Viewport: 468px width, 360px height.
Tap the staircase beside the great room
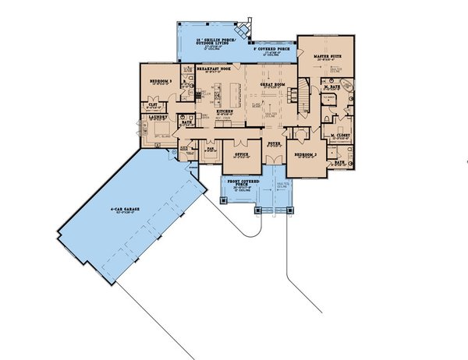[x=299, y=95]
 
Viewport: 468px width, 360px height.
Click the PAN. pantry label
[x=210, y=146]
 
